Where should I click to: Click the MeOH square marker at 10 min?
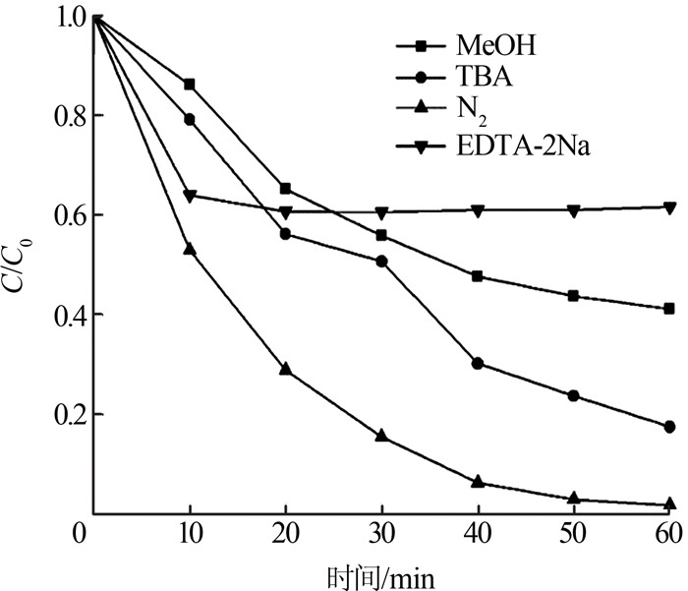tap(190, 85)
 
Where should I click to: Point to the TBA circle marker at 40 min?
tap(478, 363)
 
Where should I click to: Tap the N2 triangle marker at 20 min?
tap(286, 370)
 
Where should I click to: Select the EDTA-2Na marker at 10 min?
tap(190, 196)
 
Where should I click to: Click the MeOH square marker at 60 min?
tap(670, 309)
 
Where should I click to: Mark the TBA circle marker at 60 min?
tap(670, 426)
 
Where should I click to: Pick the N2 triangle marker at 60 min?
tap(670, 503)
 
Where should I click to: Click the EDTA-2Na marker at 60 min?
tap(670, 207)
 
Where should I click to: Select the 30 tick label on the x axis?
tap(381, 534)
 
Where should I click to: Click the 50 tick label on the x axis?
tap(574, 534)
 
